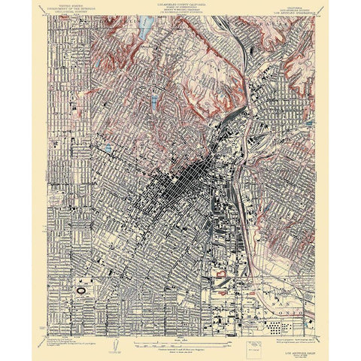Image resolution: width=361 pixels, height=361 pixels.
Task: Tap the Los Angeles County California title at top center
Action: point(180,5)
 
